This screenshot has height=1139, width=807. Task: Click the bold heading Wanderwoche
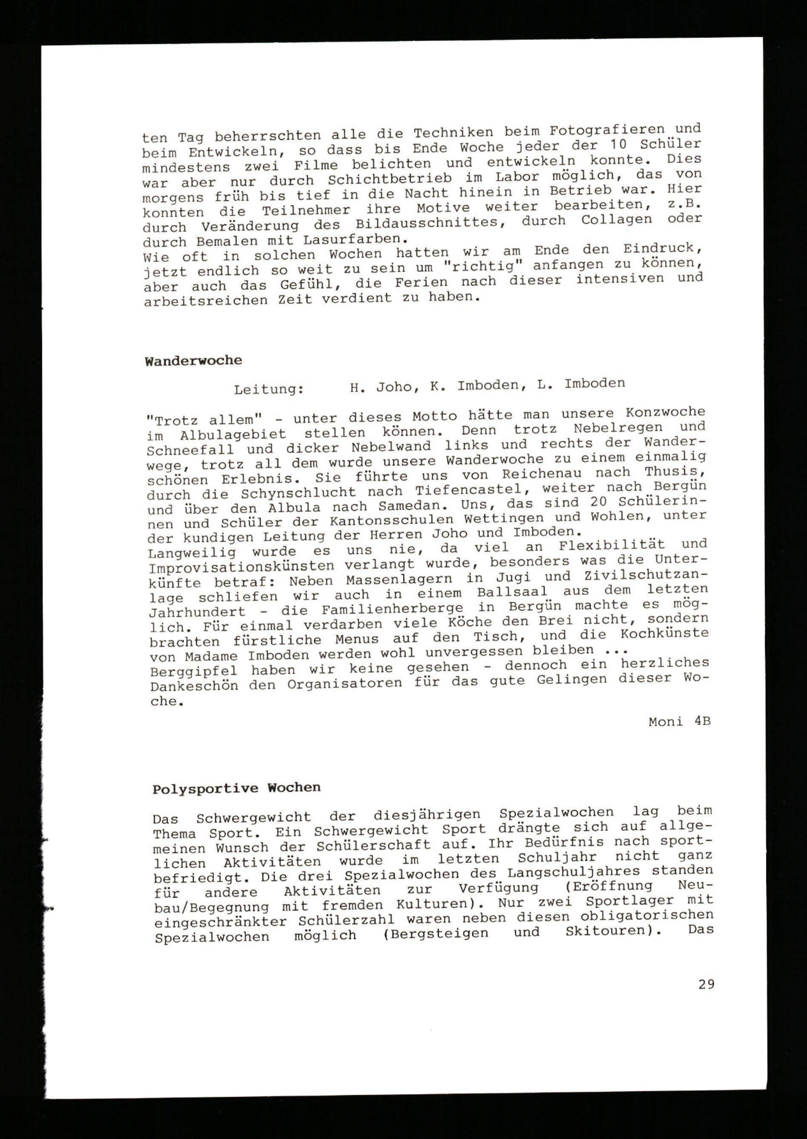[x=193, y=360]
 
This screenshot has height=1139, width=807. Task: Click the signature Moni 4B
[x=679, y=722]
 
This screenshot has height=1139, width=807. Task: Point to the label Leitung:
[x=269, y=389]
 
